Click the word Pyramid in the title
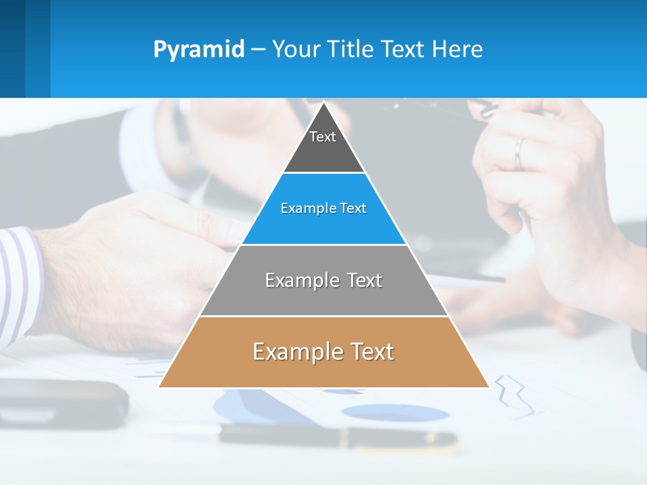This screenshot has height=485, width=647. click(x=199, y=50)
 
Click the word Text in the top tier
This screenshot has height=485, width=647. click(x=323, y=137)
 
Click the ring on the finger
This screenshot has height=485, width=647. click(x=518, y=154)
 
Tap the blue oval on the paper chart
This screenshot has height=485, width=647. click(x=394, y=412)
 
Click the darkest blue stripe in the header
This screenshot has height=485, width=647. click(x=12, y=48)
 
